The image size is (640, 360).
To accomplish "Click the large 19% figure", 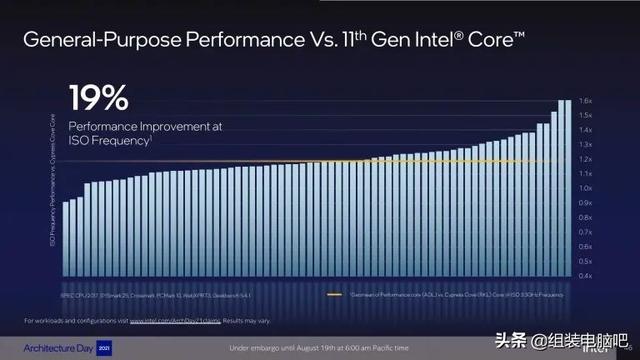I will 98,98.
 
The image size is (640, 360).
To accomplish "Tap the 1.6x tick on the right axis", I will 588,101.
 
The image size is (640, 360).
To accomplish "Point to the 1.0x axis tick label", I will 588,188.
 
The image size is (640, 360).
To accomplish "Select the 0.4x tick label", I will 588,275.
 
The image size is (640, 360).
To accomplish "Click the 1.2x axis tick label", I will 588,159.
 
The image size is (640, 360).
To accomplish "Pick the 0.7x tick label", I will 588,232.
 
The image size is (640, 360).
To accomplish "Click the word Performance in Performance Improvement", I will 103,127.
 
